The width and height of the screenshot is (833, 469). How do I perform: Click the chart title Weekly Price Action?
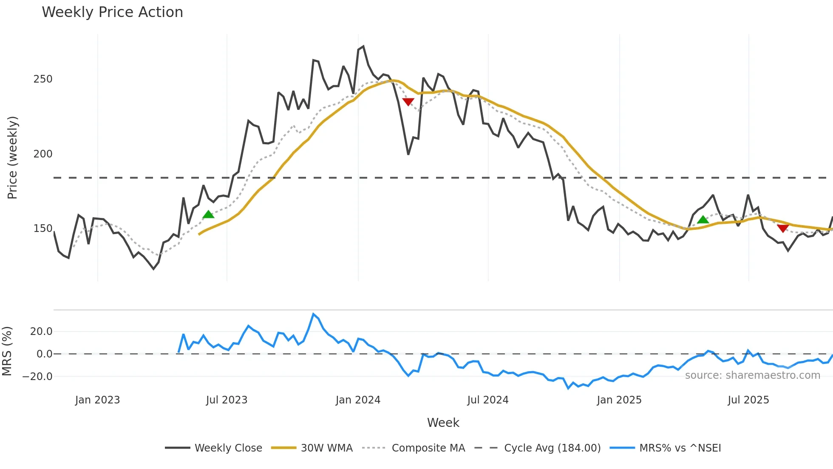click(112, 12)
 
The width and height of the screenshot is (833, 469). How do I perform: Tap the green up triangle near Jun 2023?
click(208, 214)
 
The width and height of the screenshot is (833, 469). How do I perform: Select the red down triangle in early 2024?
click(408, 102)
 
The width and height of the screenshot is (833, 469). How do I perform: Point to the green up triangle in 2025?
click(703, 220)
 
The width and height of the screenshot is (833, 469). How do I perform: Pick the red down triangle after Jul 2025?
click(783, 229)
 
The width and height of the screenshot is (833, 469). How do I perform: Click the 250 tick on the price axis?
click(43, 79)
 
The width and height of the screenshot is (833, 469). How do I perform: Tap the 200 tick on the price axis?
click(43, 154)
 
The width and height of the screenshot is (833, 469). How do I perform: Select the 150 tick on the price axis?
click(43, 229)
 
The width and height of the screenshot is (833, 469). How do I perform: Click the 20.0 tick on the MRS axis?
click(41, 332)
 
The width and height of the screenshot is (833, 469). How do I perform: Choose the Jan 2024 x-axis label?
click(358, 400)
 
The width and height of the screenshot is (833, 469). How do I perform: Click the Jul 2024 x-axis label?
click(488, 400)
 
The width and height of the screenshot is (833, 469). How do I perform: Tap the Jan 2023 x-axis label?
click(97, 400)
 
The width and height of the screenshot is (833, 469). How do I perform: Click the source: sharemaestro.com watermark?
click(752, 375)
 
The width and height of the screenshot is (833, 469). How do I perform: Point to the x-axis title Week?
click(443, 423)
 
